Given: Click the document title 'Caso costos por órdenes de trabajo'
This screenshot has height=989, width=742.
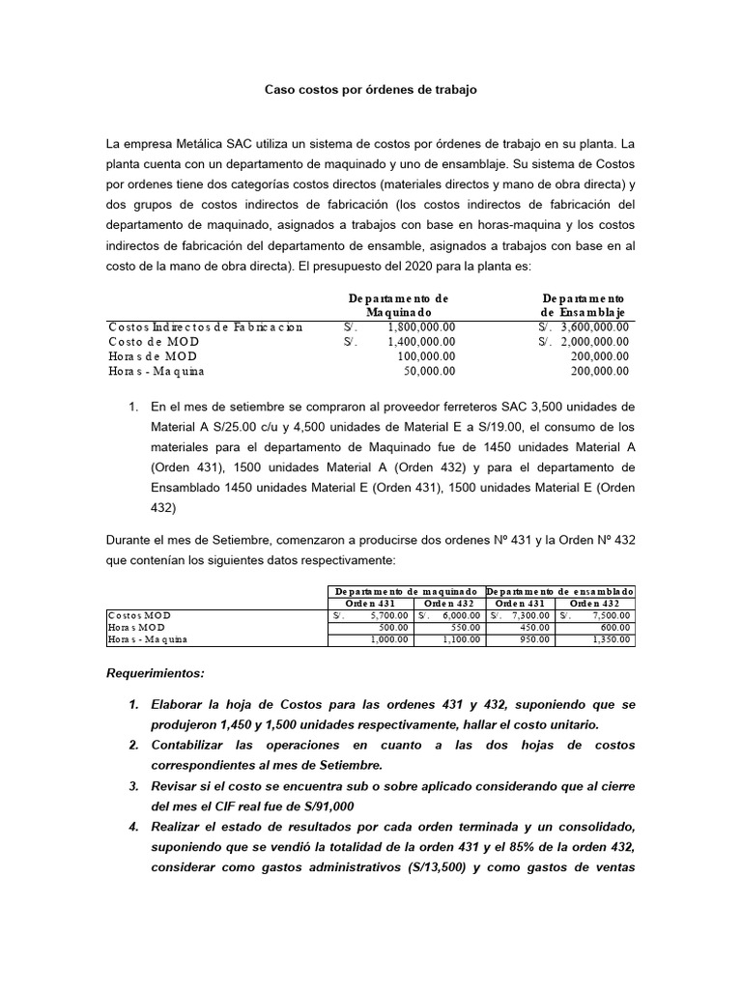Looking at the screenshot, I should [x=371, y=89].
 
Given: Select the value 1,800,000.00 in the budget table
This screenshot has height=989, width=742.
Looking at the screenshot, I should [x=421, y=327].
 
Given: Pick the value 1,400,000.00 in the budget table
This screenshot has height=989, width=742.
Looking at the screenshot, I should [x=421, y=342].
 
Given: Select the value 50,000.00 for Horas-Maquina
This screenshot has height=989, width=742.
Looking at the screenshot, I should [x=430, y=371].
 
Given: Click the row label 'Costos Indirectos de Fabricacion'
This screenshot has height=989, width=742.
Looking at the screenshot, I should [x=206, y=327].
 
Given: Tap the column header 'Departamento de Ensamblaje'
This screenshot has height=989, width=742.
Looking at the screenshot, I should [x=583, y=305].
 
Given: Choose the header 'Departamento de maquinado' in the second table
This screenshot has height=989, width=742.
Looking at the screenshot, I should [x=406, y=590].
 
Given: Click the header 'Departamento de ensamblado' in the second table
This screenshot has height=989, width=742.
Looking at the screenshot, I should [x=560, y=590].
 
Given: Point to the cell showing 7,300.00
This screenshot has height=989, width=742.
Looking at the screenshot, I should [x=531, y=615].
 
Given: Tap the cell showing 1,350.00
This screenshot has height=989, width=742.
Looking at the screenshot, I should [x=612, y=639].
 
